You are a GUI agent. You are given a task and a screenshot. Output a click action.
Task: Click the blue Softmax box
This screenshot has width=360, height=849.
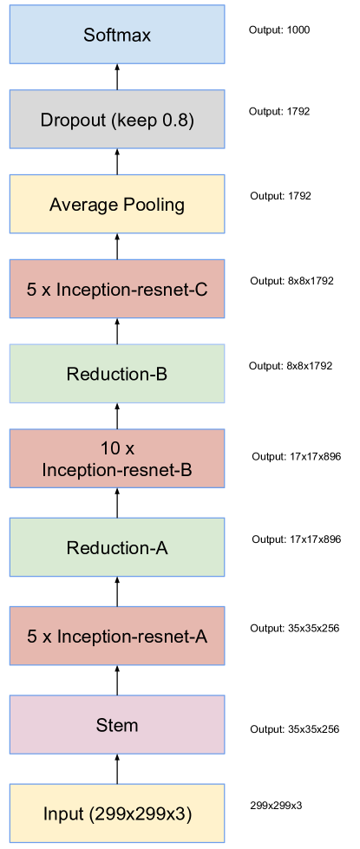116,36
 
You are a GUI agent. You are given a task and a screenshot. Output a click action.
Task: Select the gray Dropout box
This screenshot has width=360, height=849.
116,120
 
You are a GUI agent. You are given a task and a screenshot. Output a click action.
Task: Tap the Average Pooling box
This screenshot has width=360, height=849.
116,205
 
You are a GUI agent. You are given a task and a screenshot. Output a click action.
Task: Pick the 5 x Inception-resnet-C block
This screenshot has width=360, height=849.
116,290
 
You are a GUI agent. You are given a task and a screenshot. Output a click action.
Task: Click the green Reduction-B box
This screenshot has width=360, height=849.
116,375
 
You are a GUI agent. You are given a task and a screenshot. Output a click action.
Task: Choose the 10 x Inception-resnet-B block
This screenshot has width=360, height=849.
116,460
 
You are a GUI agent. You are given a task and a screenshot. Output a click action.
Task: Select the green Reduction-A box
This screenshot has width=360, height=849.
116,548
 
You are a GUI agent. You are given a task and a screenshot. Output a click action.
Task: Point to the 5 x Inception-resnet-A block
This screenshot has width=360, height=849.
116,637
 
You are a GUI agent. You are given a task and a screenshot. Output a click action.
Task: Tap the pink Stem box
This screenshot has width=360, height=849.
116,725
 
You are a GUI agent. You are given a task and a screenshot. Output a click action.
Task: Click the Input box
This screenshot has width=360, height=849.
116,814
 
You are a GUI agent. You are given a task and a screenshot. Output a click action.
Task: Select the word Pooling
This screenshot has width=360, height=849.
154,206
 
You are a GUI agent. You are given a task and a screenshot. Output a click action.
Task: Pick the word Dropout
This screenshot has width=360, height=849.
72,120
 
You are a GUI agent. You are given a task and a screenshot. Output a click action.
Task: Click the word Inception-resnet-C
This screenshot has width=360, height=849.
132,290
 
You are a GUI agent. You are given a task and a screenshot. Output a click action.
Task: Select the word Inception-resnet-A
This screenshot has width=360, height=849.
132,637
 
